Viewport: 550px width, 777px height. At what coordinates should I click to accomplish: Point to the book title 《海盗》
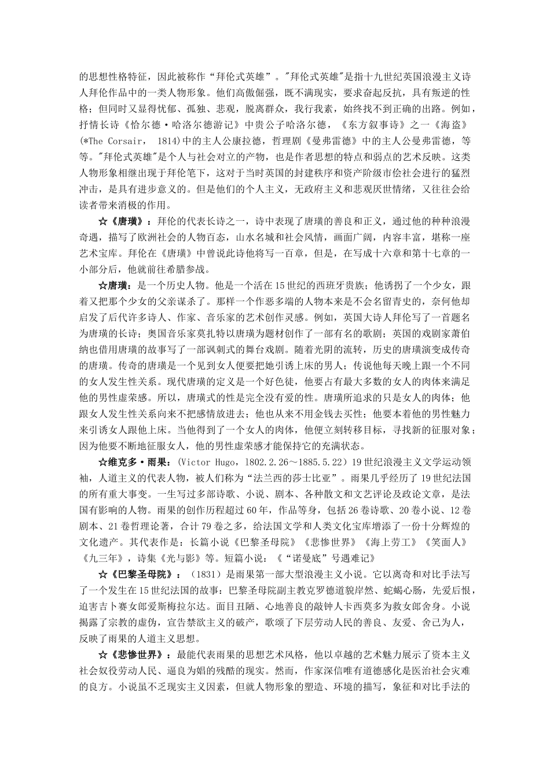456,125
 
